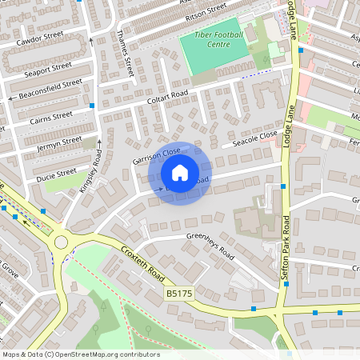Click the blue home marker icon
[x=180, y=173]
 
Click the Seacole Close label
[x=254, y=139]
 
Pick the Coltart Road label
[x=167, y=98]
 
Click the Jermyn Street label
[x=59, y=145]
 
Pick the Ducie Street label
[x=56, y=172]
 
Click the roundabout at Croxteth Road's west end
[x=61, y=241]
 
